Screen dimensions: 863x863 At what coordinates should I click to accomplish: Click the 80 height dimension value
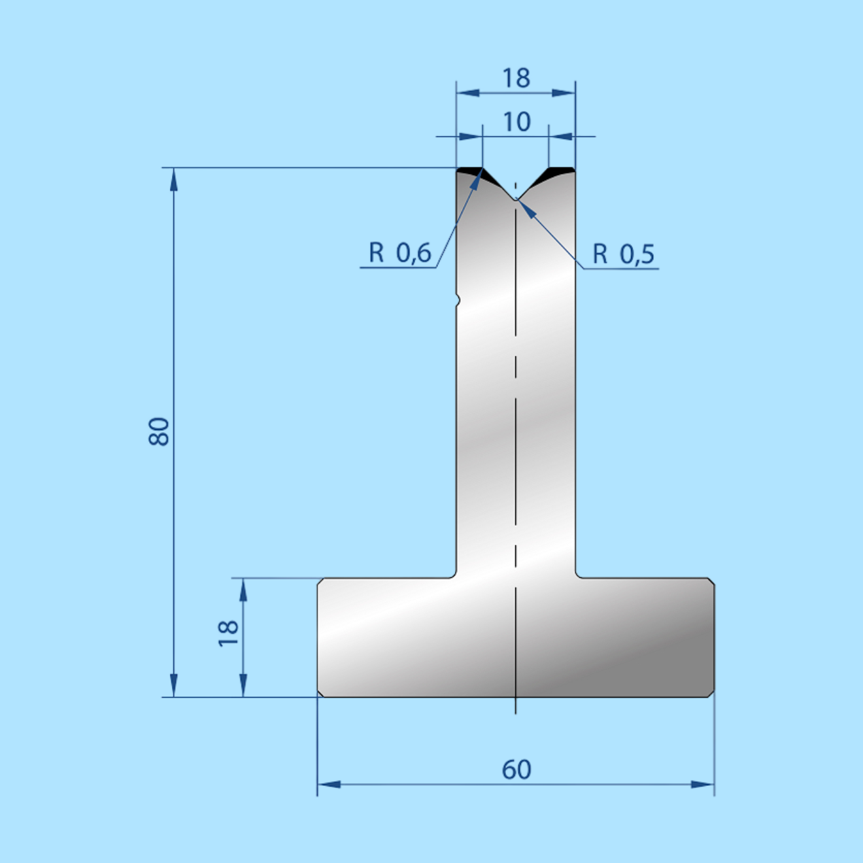[x=158, y=431]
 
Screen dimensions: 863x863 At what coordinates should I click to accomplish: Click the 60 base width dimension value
[x=516, y=770]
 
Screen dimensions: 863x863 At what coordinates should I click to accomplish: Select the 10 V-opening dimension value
[x=516, y=122]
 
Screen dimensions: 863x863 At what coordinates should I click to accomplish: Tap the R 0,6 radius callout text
[x=399, y=252]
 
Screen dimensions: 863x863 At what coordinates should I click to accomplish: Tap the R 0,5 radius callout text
[x=624, y=254]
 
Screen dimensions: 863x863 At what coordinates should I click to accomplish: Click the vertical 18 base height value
[x=228, y=634]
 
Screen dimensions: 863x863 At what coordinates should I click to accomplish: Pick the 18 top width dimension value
[x=516, y=78]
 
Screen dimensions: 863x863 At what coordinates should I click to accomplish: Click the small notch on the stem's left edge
[x=457, y=300]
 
